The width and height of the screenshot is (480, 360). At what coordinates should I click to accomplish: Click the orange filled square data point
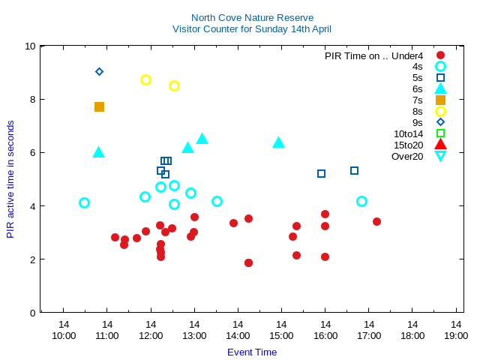click(99, 107)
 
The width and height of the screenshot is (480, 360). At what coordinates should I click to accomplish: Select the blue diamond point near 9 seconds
click(99, 72)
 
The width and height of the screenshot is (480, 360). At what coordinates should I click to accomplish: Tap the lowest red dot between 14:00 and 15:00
click(248, 262)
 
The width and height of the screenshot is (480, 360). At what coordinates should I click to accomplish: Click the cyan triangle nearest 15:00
click(278, 142)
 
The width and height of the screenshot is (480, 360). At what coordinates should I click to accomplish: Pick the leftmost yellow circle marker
click(145, 79)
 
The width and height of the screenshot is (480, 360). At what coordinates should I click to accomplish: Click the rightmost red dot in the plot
click(376, 221)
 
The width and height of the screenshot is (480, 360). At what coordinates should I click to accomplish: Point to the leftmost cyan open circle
click(84, 202)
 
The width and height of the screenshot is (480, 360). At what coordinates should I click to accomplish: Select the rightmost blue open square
click(354, 170)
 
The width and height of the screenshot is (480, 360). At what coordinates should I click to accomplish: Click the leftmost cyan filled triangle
click(98, 152)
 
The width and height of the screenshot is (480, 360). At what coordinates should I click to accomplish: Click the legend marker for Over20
click(440, 156)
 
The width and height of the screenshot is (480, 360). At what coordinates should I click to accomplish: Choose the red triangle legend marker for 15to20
click(440, 145)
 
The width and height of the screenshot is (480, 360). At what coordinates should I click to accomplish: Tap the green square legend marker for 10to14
click(440, 133)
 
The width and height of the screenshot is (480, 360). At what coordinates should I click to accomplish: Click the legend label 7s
click(417, 100)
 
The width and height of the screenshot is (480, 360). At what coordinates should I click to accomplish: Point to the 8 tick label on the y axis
click(31, 99)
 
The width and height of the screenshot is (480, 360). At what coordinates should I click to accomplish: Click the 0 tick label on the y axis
click(31, 313)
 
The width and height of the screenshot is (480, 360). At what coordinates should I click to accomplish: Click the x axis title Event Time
click(252, 352)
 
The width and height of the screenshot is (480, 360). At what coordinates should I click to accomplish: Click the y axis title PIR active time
click(10, 179)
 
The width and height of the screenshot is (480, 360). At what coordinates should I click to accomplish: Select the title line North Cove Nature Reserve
click(252, 17)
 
